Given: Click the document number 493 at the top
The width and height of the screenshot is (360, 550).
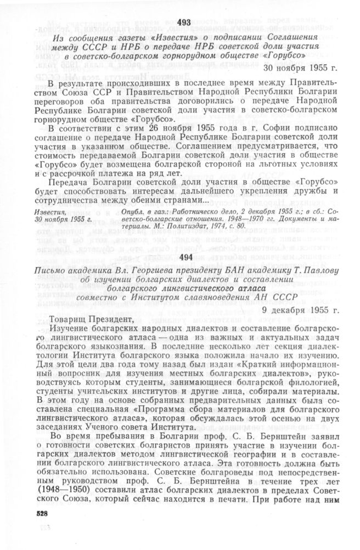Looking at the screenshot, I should click(184, 22).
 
